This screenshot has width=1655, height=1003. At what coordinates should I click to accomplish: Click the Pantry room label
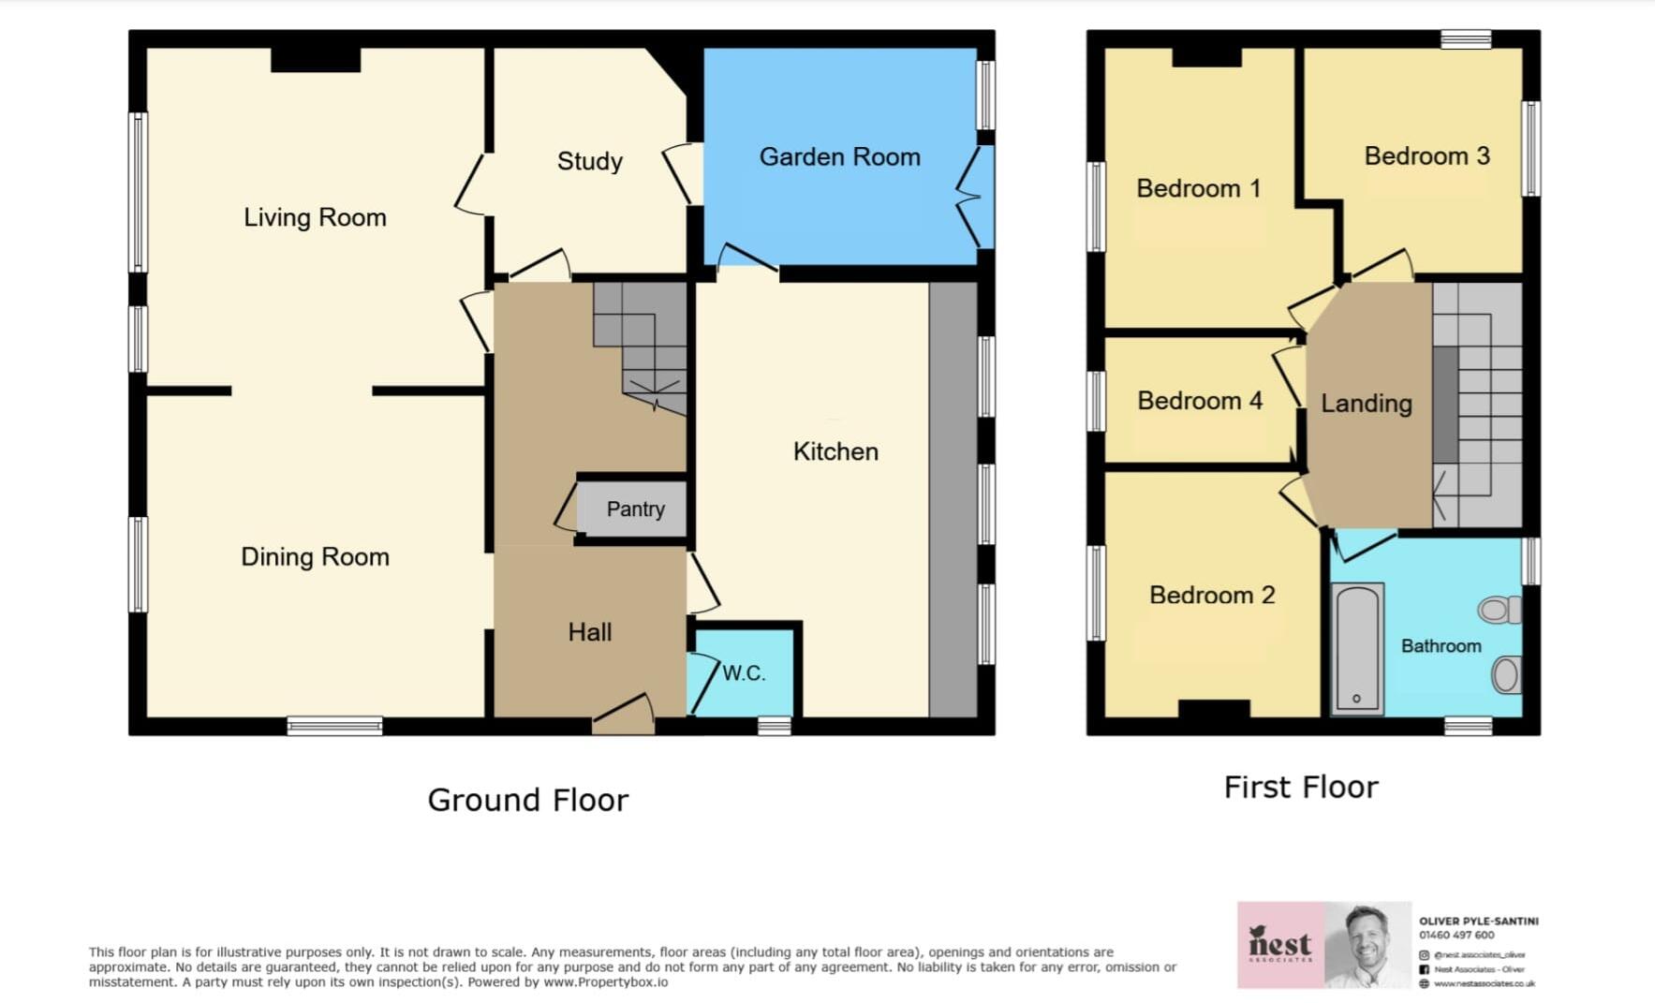[635, 509]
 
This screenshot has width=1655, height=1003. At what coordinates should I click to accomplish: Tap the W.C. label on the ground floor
[744, 673]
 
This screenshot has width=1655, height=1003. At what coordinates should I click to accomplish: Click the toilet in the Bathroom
[1499, 611]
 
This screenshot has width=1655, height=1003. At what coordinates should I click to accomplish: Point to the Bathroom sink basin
[1505, 675]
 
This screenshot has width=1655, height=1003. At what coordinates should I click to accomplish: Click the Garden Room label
[839, 157]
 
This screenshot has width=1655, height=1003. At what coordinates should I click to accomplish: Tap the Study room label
[589, 161]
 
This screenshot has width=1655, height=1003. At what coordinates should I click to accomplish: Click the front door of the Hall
[623, 716]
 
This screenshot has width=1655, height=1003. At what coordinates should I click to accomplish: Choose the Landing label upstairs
[1366, 404]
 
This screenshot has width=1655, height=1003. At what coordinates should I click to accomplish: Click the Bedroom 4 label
[1199, 401]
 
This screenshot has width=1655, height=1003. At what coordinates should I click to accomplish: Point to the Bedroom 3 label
[1426, 156]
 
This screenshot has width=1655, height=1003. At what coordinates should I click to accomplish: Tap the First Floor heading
[1300, 788]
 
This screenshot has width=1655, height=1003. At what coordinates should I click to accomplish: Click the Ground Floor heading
[527, 801]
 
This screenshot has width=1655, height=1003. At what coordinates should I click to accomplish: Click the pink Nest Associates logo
[1280, 944]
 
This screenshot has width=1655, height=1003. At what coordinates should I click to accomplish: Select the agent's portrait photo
[1367, 944]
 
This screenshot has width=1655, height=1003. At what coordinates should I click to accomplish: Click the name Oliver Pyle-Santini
[1478, 922]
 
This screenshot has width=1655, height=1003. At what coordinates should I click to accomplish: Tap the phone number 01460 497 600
[1456, 935]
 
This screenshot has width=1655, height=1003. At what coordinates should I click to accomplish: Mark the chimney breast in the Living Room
[316, 60]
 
